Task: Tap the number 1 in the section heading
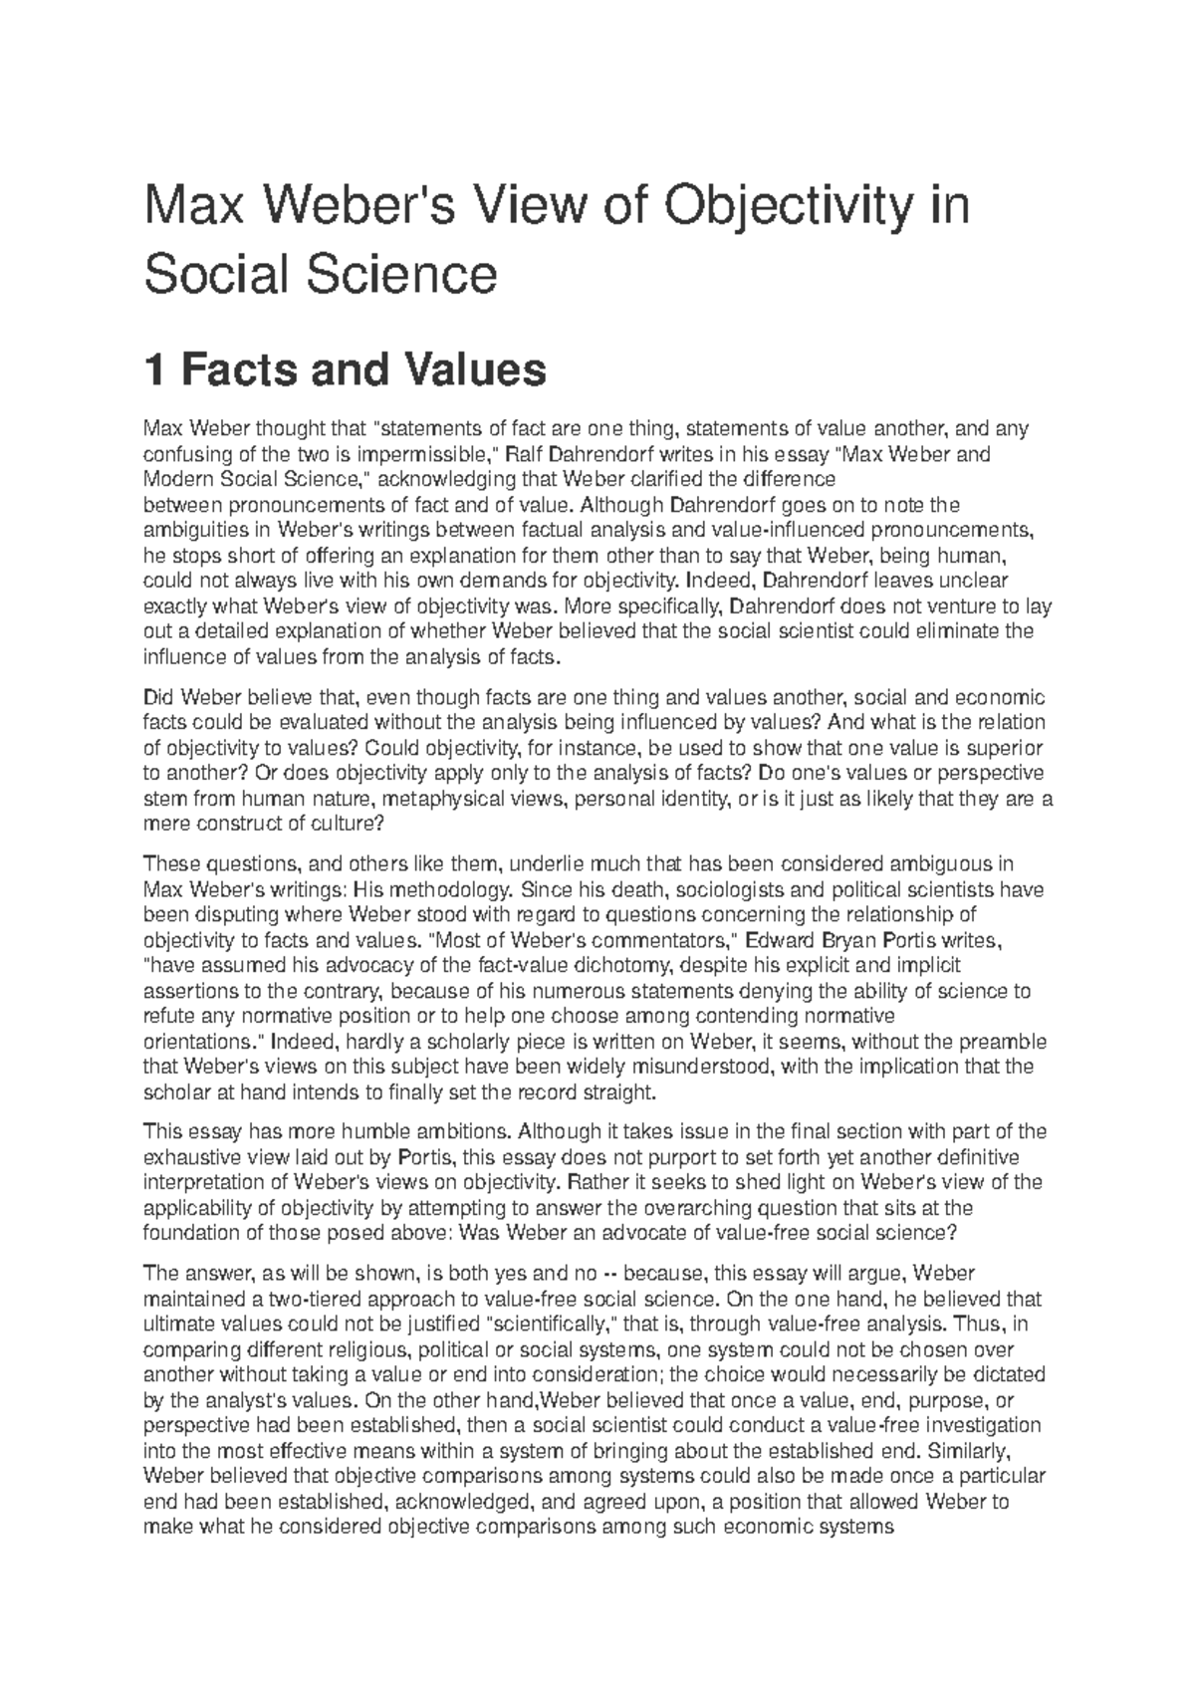[154, 370]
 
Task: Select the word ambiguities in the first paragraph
[193, 530]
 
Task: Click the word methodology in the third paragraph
[448, 889]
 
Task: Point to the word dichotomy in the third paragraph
[632, 965]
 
